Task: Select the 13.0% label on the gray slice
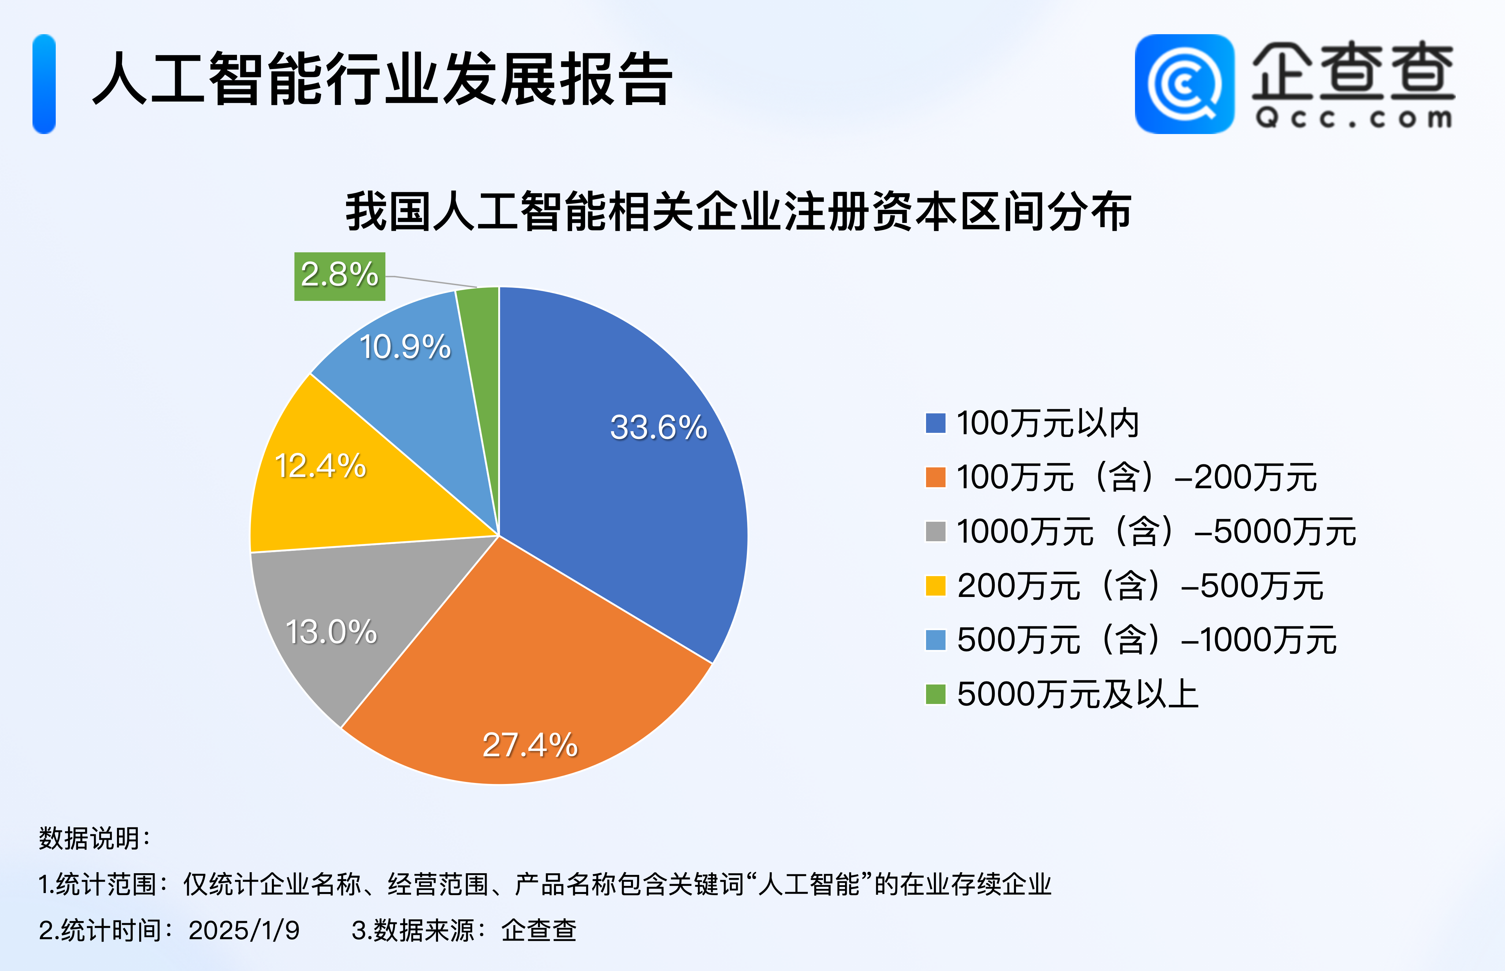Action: pyautogui.click(x=331, y=632)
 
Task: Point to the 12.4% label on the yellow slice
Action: pyautogui.click(x=320, y=466)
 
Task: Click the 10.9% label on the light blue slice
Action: pyautogui.click(x=405, y=347)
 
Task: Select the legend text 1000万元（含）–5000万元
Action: pyautogui.click(x=1156, y=532)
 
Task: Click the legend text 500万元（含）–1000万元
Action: pyautogui.click(x=1146, y=640)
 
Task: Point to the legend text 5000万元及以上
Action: pyautogui.click(x=1077, y=694)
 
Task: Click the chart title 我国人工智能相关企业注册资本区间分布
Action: pyautogui.click(x=738, y=212)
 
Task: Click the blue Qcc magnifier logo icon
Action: pyautogui.click(x=1184, y=84)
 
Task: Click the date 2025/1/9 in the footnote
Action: pyautogui.click(x=244, y=930)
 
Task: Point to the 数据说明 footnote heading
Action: pyautogui.click(x=95, y=839)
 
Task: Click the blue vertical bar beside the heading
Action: pyautogui.click(x=44, y=84)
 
